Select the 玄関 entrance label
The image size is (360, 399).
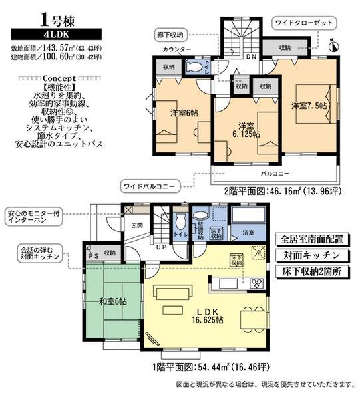point(137,225)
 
